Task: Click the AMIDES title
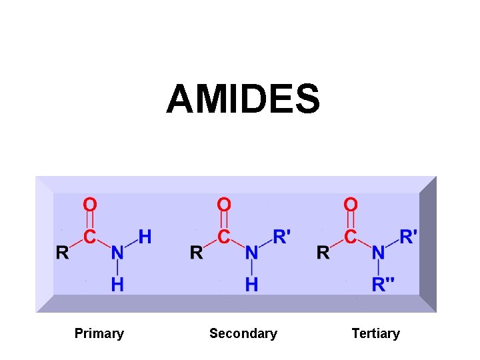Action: pos(243,99)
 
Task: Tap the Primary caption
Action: pos(99,333)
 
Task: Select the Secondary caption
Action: pos(243,333)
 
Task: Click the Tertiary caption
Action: pos(375,333)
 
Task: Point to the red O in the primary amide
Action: pos(89,204)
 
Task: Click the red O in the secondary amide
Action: pos(224,204)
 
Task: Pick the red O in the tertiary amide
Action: pos(351,204)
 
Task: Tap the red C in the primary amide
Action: pos(89,237)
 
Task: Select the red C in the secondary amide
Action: pos(224,237)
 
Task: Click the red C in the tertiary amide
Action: pos(351,237)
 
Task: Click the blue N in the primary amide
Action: pos(117,253)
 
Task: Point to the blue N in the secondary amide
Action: pos(251,253)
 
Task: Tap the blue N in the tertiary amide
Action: pos(378,253)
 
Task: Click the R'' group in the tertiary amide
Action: pos(383,285)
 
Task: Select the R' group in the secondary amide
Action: pos(281,237)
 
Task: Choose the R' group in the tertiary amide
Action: pos(408,237)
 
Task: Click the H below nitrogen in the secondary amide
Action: pos(251,285)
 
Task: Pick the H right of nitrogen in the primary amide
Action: pos(145,237)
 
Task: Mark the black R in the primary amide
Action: pos(62,253)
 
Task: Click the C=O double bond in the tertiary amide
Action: pos(351,220)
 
